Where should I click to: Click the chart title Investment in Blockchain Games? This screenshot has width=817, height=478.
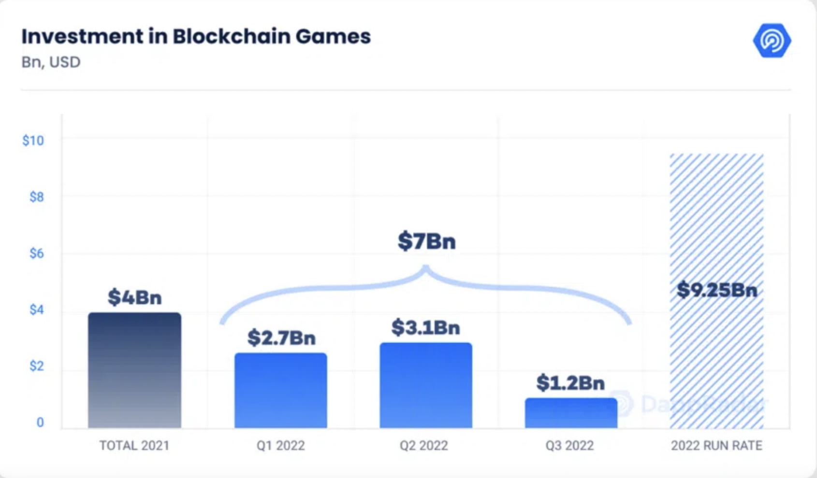tap(196, 37)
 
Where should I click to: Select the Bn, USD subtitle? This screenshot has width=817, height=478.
tap(51, 62)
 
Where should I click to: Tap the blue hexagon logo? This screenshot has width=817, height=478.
tap(772, 41)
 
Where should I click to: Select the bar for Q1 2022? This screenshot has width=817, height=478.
tap(280, 391)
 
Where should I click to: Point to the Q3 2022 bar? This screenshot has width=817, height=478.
tap(571, 413)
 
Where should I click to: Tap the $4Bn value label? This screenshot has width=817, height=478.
tap(134, 297)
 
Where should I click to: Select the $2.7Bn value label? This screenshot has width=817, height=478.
tap(281, 337)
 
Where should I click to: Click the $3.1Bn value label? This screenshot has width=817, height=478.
tap(425, 327)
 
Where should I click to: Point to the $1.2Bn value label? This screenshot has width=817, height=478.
tap(570, 383)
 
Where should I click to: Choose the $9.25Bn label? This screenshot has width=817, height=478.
tap(716, 290)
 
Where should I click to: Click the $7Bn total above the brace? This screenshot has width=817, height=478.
tap(426, 241)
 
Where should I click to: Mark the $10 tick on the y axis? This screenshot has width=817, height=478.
tap(33, 141)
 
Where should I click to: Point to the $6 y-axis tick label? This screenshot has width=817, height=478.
tap(36, 253)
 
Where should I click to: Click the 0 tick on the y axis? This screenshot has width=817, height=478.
tap(40, 422)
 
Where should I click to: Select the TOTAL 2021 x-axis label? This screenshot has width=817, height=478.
tap(134, 445)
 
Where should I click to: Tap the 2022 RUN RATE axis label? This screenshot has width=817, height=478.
tap(716, 445)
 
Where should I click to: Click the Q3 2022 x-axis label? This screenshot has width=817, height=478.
tap(569, 445)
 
